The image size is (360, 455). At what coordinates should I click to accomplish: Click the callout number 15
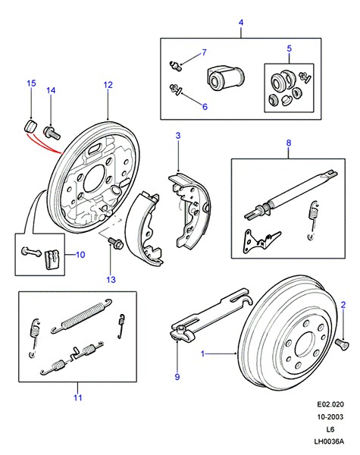31,83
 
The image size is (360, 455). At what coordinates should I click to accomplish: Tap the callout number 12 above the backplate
108,85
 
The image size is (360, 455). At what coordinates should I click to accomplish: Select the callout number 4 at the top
241,22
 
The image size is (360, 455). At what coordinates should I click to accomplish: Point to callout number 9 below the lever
177,377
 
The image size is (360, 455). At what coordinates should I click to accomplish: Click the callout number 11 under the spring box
78,397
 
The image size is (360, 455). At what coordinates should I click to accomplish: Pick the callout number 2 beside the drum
343,305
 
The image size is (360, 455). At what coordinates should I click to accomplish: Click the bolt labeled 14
52,132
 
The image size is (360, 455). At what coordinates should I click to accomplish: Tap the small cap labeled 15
30,126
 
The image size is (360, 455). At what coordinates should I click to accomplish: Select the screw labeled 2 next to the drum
343,344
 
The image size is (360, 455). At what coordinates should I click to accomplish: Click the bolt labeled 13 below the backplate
116,243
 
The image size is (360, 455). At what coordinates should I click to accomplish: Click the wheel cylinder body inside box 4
226,78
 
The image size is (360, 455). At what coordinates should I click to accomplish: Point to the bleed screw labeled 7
175,65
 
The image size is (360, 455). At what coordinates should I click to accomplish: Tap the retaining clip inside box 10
52,259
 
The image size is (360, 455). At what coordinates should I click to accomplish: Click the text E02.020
330,404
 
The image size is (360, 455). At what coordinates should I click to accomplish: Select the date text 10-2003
330,416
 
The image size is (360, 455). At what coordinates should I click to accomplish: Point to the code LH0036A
329,441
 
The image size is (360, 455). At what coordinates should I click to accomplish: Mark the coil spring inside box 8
312,220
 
